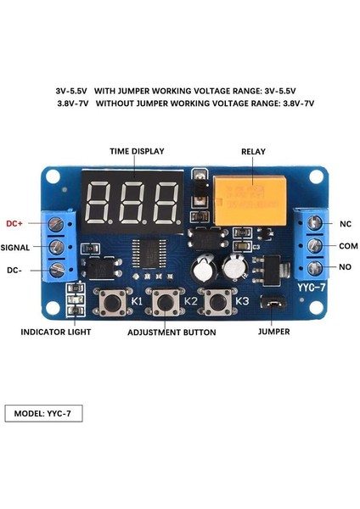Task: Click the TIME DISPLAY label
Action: coord(137,151)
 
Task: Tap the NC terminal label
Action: coord(346,224)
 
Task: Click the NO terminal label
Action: coord(345,268)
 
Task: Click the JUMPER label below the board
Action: coord(273,332)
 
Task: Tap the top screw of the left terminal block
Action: coord(57,224)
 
